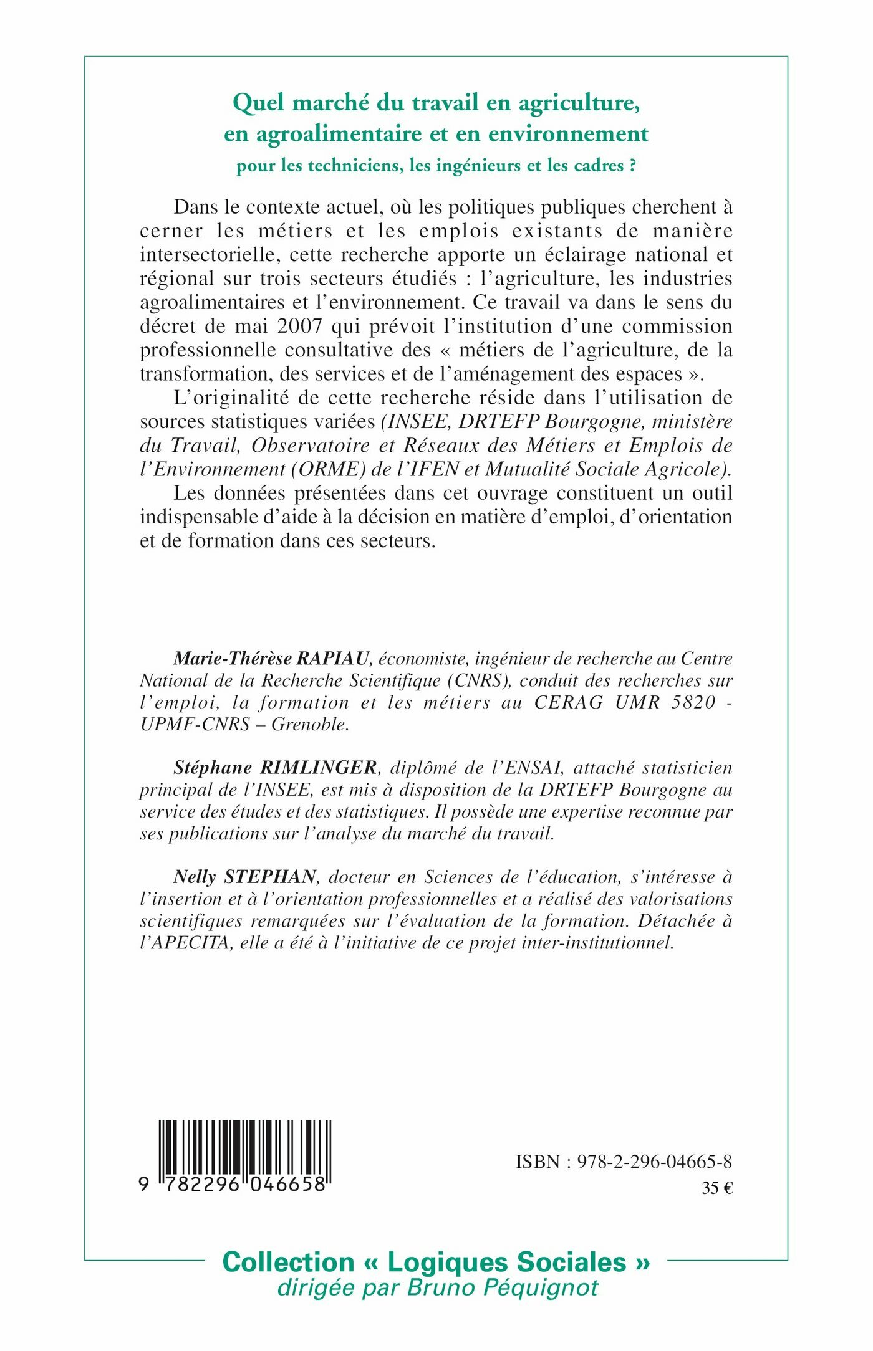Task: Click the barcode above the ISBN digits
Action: (244, 1147)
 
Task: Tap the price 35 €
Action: (717, 1188)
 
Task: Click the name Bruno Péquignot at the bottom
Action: (503, 1287)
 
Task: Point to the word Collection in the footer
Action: (288, 1262)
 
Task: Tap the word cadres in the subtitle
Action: (598, 166)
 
